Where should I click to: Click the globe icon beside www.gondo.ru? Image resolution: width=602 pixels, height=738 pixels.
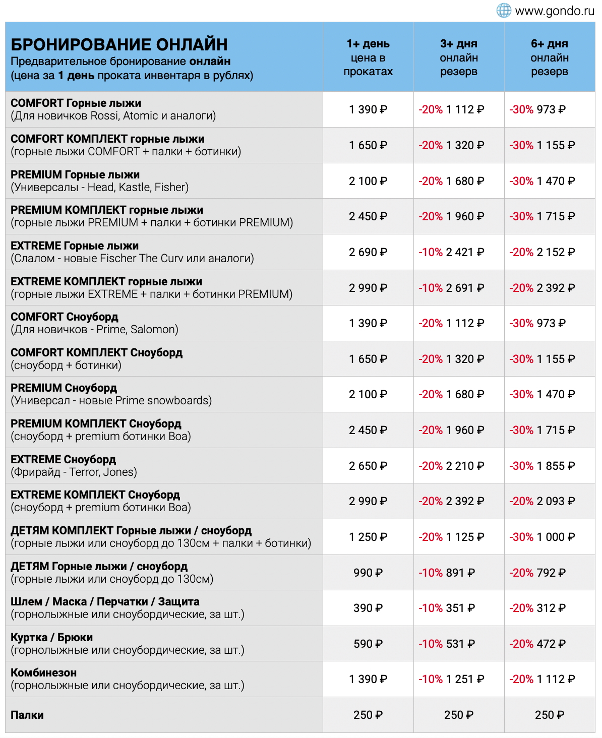[x=504, y=10]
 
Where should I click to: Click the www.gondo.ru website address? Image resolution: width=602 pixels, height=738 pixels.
[x=555, y=11]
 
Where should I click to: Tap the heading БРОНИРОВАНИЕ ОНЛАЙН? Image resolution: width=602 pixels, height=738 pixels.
[x=119, y=45]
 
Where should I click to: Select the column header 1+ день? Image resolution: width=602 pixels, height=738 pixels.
[x=368, y=44]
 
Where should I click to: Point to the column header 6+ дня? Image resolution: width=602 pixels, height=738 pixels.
[x=549, y=44]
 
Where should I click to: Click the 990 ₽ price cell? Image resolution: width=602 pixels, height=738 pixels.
[x=368, y=573]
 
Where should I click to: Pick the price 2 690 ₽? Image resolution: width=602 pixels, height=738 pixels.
[x=368, y=252]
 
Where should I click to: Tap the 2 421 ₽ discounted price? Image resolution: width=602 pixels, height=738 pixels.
[x=464, y=252]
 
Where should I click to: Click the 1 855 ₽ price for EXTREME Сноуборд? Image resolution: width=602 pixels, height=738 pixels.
[x=555, y=466]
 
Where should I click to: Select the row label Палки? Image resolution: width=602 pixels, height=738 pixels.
[x=27, y=715]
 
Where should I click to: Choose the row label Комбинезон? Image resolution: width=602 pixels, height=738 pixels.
[x=44, y=673]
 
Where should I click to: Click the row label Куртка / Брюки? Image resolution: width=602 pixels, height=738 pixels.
[x=52, y=638]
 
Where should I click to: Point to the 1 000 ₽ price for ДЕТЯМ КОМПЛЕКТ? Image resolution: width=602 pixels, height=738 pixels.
[x=555, y=537]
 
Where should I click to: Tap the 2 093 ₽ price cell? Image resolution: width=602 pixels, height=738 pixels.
[x=555, y=501]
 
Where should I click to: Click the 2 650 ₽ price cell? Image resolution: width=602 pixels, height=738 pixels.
[x=368, y=466]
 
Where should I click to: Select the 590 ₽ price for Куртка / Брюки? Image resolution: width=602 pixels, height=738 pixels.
[x=368, y=644]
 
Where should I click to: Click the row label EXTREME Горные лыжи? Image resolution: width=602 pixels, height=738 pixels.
[x=75, y=246]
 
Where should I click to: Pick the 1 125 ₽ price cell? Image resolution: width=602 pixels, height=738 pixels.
[x=464, y=537]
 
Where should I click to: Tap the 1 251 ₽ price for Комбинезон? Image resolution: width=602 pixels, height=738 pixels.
[x=464, y=679]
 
